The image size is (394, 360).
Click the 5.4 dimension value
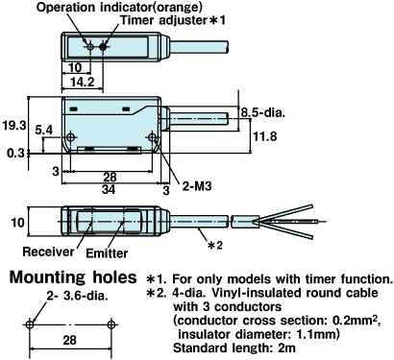(x=43, y=129)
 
